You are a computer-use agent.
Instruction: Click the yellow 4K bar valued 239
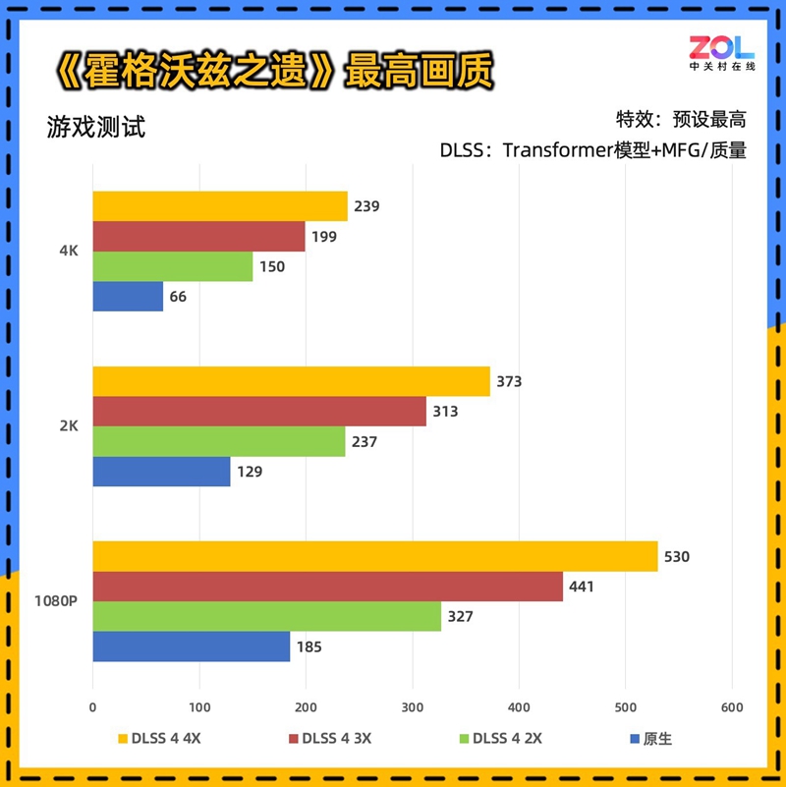pyautogui.click(x=220, y=206)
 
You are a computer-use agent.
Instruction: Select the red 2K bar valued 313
pyautogui.click(x=259, y=412)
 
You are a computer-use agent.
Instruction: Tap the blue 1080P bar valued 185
pyautogui.click(x=192, y=646)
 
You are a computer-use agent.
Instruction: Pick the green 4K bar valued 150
pyautogui.click(x=173, y=266)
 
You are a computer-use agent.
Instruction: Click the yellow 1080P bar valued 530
pyautogui.click(x=375, y=556)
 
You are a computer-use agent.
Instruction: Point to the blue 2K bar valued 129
pyautogui.click(x=162, y=472)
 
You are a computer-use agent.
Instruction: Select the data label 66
pyautogui.click(x=178, y=297)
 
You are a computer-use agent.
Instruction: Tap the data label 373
pyautogui.click(x=509, y=382)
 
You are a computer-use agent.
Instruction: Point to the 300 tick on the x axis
pyautogui.click(x=413, y=705)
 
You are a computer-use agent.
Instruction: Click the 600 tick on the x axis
pyautogui.click(x=732, y=705)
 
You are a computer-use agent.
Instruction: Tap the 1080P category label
pyautogui.click(x=57, y=601)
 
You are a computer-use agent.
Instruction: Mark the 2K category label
pyautogui.click(x=68, y=426)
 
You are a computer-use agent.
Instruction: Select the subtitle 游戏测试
pyautogui.click(x=95, y=128)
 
